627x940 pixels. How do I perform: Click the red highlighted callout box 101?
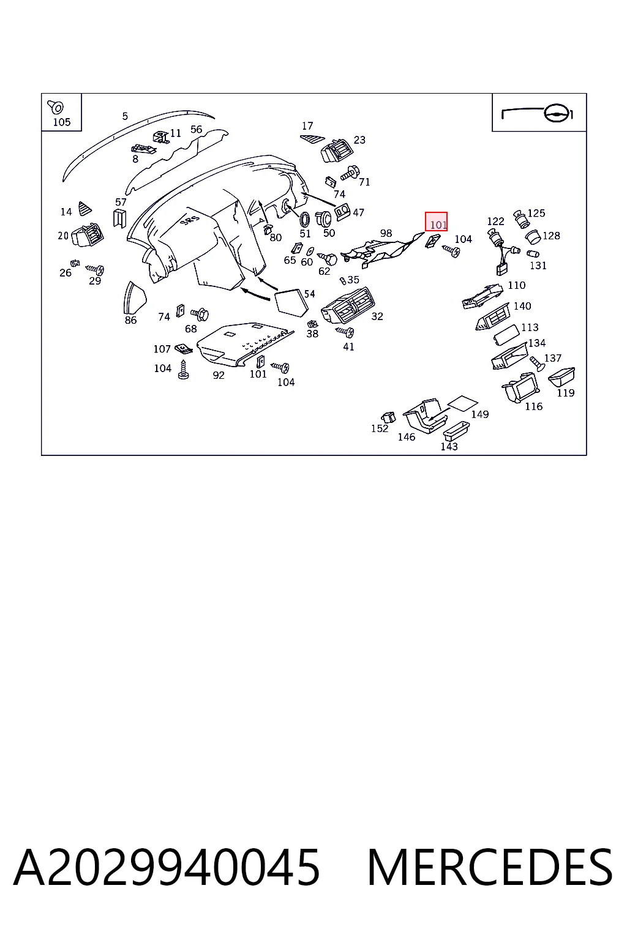click(436, 222)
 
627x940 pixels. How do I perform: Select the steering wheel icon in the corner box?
click(558, 113)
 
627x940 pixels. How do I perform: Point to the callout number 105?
click(62, 122)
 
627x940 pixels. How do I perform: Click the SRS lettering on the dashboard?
click(190, 218)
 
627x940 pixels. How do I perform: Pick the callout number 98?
click(386, 233)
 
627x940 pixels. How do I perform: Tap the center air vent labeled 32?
click(348, 305)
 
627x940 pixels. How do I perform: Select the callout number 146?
click(407, 437)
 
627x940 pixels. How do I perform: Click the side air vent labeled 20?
click(88, 234)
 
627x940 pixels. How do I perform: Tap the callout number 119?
click(566, 393)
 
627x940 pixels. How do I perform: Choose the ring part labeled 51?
click(304, 220)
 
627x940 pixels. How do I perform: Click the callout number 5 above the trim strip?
click(125, 116)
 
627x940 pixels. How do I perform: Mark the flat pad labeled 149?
click(462, 403)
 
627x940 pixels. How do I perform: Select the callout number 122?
click(495, 221)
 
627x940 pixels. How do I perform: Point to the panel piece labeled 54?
click(291, 303)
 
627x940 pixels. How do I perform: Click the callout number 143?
click(449, 447)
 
